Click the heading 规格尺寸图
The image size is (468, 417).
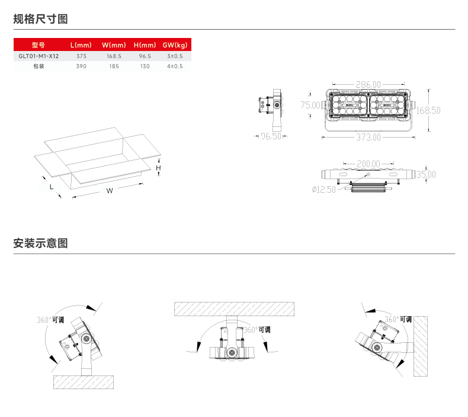click(41, 19)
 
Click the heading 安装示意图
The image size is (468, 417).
click(41, 243)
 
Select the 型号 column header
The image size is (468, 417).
click(39, 45)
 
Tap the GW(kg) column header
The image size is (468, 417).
click(175, 45)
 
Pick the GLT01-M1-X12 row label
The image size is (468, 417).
click(39, 56)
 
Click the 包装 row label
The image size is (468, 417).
click(39, 66)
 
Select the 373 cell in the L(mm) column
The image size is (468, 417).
click(81, 56)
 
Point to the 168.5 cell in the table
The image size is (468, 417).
click(114, 56)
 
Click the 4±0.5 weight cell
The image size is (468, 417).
click(175, 66)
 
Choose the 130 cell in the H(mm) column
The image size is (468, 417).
click(145, 66)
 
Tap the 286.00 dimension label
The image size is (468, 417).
click(368, 85)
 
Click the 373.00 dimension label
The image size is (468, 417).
click(368, 138)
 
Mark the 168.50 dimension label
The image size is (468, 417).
click(428, 110)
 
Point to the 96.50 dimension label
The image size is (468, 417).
click(271, 136)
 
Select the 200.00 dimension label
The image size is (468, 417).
click(368, 163)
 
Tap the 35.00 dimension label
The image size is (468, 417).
click(425, 174)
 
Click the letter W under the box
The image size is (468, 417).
click(110, 191)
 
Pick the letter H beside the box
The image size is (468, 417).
click(158, 168)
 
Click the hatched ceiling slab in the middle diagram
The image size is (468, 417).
click(234, 308)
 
